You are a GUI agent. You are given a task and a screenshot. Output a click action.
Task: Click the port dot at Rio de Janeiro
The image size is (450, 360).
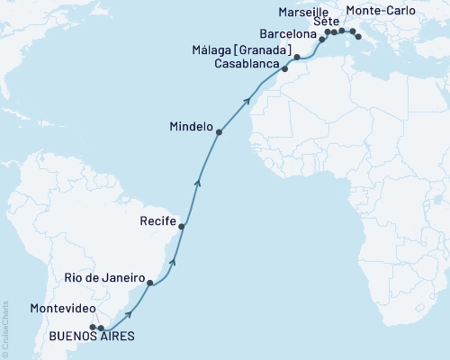pos(150,283)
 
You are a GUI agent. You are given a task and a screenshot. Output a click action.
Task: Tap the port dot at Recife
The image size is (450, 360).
pos(182,227)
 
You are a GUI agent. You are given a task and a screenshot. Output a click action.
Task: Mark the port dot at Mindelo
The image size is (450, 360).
pos(219,132)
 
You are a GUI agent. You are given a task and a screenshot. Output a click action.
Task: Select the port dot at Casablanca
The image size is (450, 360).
pos(284,68)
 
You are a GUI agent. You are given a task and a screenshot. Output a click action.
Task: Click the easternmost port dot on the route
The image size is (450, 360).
pos(358,37)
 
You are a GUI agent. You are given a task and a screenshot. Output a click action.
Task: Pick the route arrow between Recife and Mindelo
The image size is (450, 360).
pos(199,184)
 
